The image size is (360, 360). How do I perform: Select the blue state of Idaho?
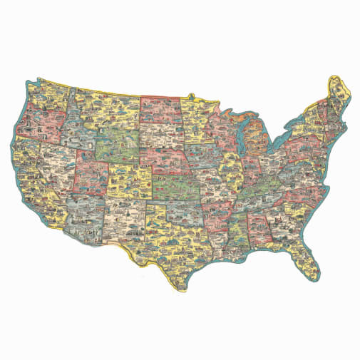(x=75, y=128)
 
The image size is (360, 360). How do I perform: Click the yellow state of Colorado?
(x=129, y=178)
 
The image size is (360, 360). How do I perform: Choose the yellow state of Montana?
(x=107, y=107)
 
